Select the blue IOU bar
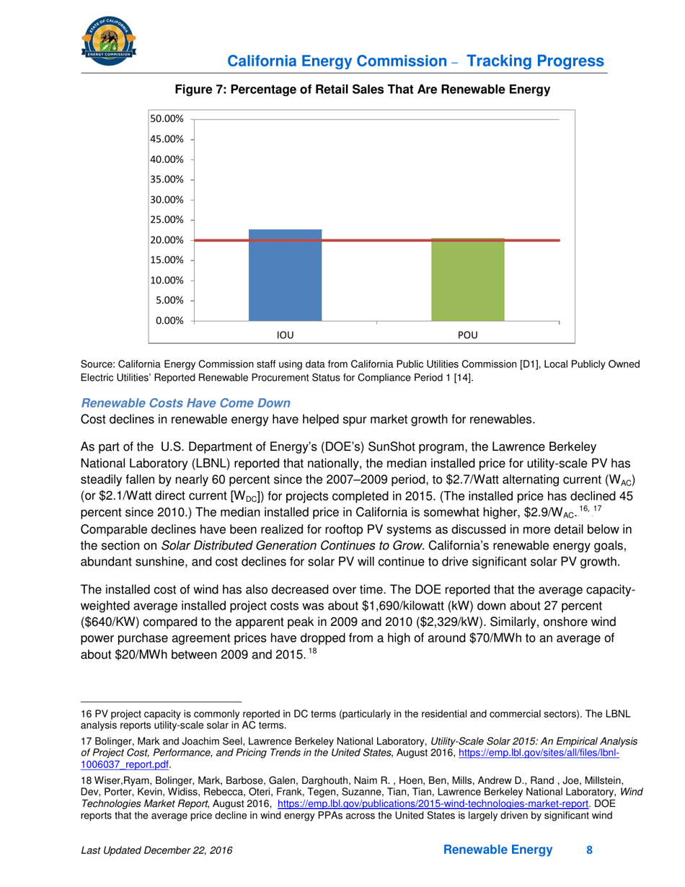[285, 278]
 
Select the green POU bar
[467, 281]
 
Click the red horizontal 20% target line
[375, 240]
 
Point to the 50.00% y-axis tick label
[167, 118]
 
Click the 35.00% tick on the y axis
[167, 179]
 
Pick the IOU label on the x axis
[285, 334]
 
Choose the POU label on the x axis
[468, 334]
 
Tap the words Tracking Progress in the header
[536, 61]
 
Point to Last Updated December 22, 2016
[156, 851]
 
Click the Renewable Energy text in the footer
[498, 850]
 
